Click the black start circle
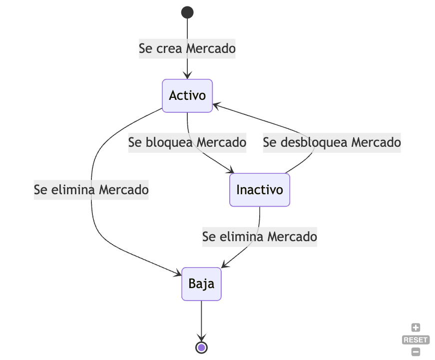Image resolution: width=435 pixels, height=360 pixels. point(187,12)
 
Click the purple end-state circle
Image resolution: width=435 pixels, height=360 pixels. point(201,347)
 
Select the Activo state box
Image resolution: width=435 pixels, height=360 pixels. point(187,95)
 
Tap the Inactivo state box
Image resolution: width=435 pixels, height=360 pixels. point(260,190)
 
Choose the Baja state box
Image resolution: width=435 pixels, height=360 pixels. point(201,284)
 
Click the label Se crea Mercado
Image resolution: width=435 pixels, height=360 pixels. point(187,49)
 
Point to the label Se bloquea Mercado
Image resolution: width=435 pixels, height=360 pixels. point(187,142)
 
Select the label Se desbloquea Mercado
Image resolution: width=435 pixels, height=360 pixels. point(332,142)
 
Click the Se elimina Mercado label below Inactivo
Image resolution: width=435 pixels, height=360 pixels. point(260,236)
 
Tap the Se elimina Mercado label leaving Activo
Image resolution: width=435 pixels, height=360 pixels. point(91,190)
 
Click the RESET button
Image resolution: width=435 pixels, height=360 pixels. point(416,340)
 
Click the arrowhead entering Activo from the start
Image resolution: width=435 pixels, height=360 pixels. point(187,76)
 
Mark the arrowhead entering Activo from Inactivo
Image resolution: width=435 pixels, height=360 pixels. point(216,105)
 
